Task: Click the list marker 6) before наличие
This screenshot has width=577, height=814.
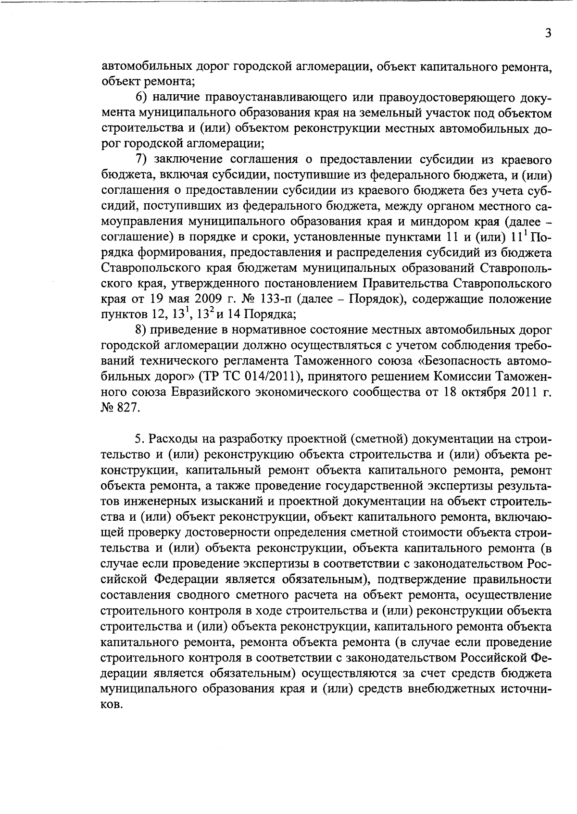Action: pos(141,97)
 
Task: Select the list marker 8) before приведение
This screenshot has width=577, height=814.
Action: pos(141,330)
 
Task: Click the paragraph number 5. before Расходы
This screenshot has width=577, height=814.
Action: pos(139,438)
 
